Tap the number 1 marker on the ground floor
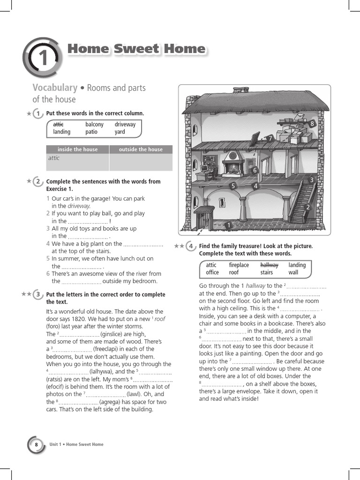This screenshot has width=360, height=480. click(x=229, y=225)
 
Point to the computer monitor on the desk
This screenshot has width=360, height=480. click(x=204, y=168)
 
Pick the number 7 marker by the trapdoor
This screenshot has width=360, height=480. click(x=270, y=138)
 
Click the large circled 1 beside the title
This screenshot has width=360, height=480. click(x=42, y=58)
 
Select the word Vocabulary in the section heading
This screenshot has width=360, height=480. click(x=55, y=88)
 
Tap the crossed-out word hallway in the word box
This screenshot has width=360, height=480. click(x=269, y=265)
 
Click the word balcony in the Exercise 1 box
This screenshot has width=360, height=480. click(x=94, y=124)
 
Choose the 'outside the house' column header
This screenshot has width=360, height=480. click(x=141, y=150)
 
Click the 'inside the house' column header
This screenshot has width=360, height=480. click(x=77, y=150)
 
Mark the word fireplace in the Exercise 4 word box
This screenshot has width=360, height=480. click(x=239, y=265)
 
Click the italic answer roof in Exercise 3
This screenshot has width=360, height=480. click(x=160, y=319)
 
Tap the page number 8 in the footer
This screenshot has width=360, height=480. click(x=35, y=444)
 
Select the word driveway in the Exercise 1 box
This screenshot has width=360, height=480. click(x=125, y=124)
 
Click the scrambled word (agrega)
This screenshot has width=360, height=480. click(x=112, y=402)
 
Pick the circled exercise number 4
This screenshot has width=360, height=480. click(x=190, y=246)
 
